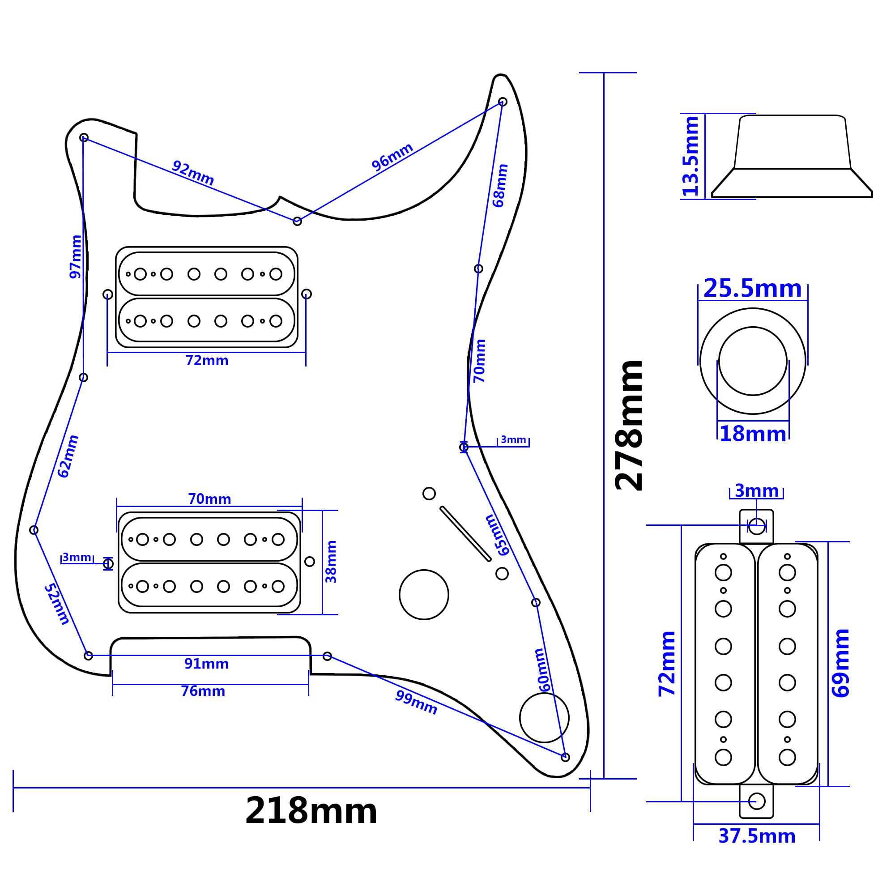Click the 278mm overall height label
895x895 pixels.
(x=629, y=425)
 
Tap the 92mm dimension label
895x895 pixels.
(x=193, y=173)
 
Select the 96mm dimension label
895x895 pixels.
(x=392, y=157)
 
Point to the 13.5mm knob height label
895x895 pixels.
(x=690, y=156)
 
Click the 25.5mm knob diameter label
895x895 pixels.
(x=752, y=289)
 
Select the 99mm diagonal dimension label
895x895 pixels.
(x=416, y=702)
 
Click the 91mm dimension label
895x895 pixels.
(x=206, y=664)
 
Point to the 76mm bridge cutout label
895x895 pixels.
(x=203, y=691)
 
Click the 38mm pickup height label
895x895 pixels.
(x=331, y=562)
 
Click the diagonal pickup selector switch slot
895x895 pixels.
(x=465, y=534)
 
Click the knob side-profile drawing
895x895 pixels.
(x=792, y=156)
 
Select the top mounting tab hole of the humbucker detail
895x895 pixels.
(x=756, y=526)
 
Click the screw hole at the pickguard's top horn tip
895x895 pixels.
(x=502, y=102)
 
